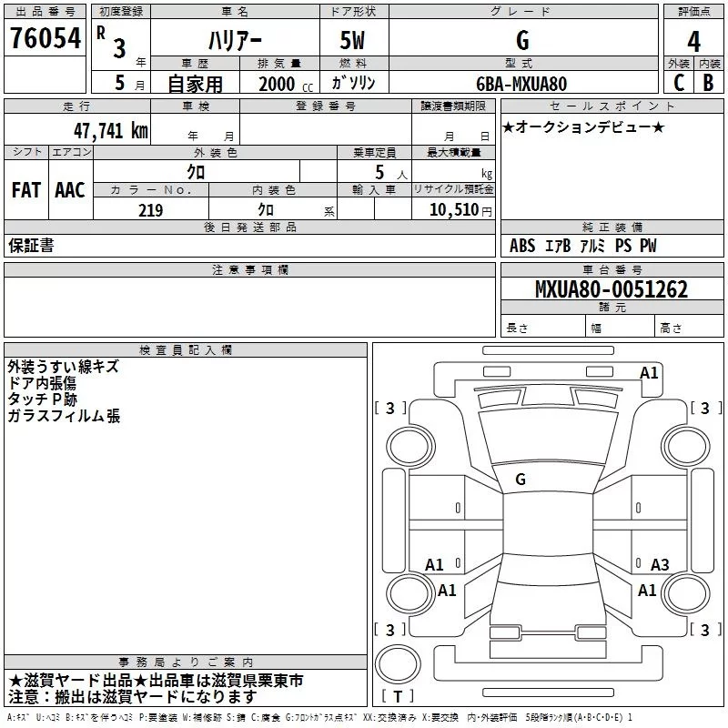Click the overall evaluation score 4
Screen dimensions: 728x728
[694, 42]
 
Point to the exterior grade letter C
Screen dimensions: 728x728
[678, 82]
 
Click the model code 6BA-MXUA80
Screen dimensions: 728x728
[521, 83]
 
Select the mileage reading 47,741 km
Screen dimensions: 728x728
[110, 130]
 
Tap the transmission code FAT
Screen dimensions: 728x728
[25, 190]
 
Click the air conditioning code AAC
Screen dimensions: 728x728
[70, 190]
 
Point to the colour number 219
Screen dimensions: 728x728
[150, 210]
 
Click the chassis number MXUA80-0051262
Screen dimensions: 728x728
[611, 289]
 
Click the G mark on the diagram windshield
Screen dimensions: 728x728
[521, 479]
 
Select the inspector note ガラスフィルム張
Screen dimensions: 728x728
[64, 416]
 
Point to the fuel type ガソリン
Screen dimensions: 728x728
[354, 83]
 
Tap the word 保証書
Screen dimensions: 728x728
[31, 246]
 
